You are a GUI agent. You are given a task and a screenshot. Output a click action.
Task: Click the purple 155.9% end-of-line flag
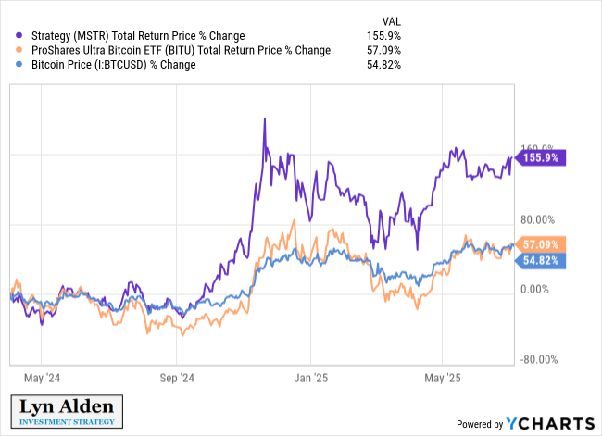click(541, 158)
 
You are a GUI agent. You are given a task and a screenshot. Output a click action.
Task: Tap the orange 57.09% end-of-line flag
click(541, 244)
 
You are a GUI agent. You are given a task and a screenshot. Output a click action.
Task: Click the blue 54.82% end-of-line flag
click(541, 261)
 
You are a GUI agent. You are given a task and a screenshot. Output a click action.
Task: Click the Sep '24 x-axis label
click(177, 378)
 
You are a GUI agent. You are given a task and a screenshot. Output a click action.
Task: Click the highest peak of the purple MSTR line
click(265, 119)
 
